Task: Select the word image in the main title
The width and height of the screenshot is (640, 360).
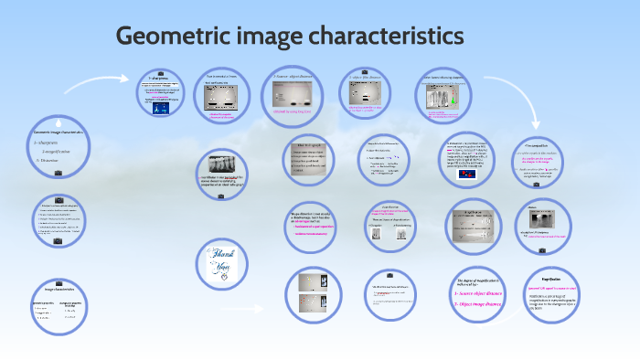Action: [x=268, y=37]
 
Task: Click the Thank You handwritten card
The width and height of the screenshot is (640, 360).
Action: [x=219, y=260]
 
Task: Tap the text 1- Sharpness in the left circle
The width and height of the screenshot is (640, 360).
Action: [x=47, y=143]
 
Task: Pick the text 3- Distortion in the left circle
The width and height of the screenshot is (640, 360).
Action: [x=48, y=161]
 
